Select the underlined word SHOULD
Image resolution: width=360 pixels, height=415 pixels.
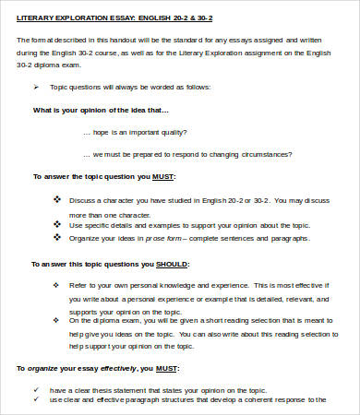[x=158, y=264]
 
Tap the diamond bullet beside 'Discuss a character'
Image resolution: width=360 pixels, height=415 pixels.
[x=56, y=198]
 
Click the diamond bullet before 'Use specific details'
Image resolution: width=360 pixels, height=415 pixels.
[x=56, y=224]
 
